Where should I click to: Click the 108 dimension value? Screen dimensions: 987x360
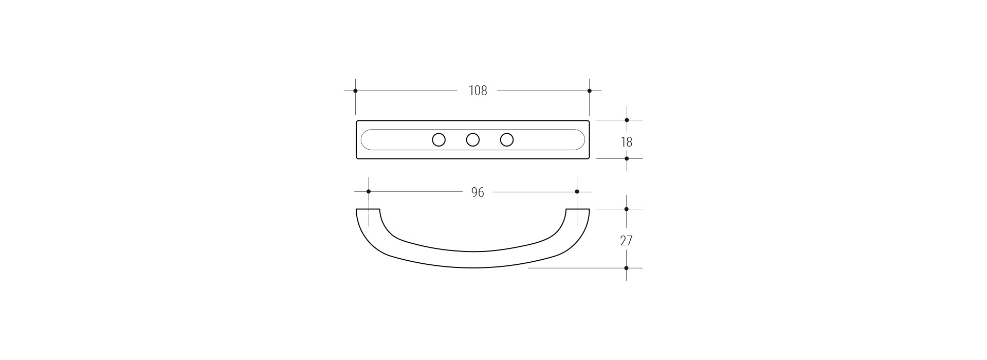478,91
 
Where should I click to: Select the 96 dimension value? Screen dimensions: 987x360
478,192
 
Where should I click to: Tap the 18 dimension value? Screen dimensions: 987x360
626,141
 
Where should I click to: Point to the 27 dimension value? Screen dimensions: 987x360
626,240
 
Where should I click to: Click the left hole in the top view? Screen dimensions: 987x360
438,139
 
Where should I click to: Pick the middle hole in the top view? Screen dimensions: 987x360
473,139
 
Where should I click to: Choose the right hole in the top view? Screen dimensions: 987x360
507,139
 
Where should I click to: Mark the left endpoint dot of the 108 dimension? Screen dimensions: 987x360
355,91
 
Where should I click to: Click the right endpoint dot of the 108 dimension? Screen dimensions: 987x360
590,91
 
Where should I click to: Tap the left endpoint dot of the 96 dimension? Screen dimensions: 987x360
369,191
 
